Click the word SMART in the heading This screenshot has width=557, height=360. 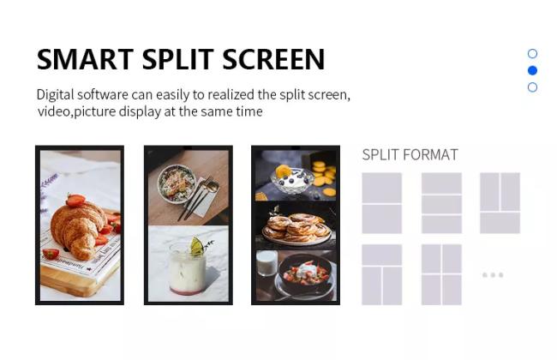tap(85, 59)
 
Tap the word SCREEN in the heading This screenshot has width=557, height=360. tap(273, 59)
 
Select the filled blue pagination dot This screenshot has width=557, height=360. tap(532, 70)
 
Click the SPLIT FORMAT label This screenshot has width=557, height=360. tap(410, 154)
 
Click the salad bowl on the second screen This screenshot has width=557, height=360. tap(176, 183)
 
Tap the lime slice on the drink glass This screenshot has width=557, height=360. tap(197, 246)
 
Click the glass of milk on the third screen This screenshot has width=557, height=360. tap(267, 263)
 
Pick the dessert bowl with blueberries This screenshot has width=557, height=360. tap(292, 181)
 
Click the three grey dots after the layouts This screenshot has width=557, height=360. tap(493, 274)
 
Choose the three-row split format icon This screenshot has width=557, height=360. tap(441, 203)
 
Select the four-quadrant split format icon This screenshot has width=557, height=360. tap(441, 274)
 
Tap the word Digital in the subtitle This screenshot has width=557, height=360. tap(56, 95)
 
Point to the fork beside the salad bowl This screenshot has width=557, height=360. tap(195, 199)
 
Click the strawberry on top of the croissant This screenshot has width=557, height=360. tap(75, 200)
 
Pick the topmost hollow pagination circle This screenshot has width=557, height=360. tap(532, 54)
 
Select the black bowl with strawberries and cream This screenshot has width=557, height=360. tap(305, 273)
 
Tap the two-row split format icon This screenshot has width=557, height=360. tap(382, 203)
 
